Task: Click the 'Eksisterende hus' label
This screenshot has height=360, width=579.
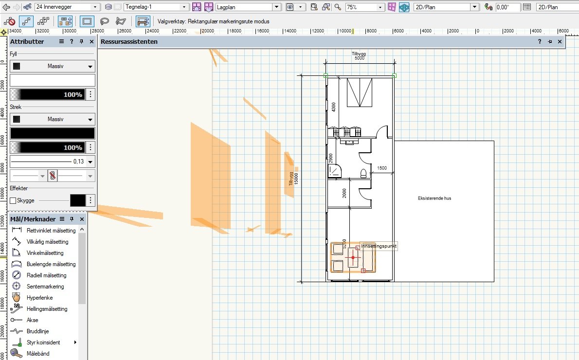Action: (434, 198)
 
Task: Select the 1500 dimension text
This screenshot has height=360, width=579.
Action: (382, 168)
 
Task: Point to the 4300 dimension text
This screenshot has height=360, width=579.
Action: (333, 107)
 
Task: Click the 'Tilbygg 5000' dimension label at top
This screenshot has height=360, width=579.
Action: (359, 56)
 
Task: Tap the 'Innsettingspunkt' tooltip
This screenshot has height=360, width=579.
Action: (379, 246)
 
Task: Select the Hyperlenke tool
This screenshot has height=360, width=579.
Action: (39, 297)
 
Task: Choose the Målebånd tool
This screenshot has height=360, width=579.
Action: (38, 354)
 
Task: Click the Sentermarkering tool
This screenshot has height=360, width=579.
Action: (45, 286)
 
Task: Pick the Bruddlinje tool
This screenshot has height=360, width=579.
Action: (37, 331)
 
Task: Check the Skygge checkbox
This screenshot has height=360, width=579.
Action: (13, 200)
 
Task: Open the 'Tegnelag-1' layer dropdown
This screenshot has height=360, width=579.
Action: (156, 7)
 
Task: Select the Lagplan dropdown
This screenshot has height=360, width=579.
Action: (248, 7)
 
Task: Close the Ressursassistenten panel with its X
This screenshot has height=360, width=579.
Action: (560, 42)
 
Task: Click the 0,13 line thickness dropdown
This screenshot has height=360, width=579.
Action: (53, 162)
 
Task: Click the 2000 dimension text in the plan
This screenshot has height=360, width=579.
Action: (344, 194)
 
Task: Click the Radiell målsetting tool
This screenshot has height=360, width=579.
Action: (46, 275)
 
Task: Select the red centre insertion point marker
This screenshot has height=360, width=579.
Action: (353, 257)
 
